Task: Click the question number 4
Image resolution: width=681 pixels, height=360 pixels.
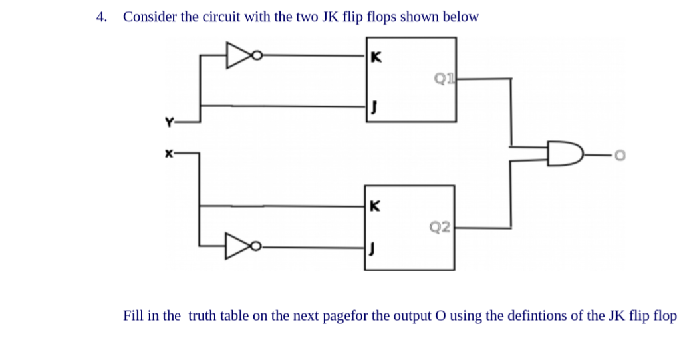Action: pyautogui.click(x=101, y=17)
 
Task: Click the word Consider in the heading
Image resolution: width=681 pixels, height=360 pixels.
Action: pyautogui.click(x=150, y=17)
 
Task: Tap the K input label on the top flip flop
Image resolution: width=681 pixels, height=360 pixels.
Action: pyautogui.click(x=376, y=57)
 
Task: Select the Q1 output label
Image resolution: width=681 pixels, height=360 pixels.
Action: pyautogui.click(x=444, y=79)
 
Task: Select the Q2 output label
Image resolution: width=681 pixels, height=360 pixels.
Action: pyautogui.click(x=440, y=228)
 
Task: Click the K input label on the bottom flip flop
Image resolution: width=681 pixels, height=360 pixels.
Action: pyautogui.click(x=376, y=206)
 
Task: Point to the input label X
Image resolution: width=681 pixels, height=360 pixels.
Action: pyautogui.click(x=169, y=153)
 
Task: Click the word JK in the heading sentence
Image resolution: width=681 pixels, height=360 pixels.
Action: pyautogui.click(x=331, y=17)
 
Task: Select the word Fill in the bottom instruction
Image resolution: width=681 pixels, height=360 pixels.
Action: pyautogui.click(x=134, y=315)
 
